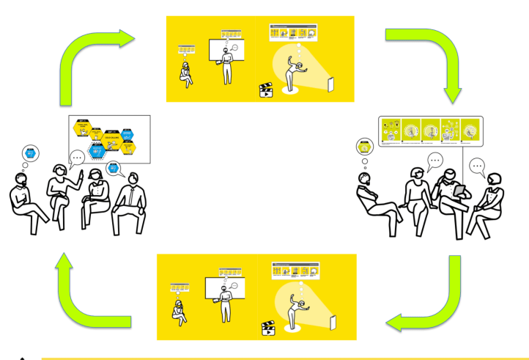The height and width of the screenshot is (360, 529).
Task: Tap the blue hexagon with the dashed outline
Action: (x=95, y=151)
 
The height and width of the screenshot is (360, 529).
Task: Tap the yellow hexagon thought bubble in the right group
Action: (x=363, y=147)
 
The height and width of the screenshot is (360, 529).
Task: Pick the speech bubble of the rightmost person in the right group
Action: (x=478, y=166)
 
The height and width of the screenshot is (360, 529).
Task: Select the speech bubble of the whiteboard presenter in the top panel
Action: (x=234, y=49)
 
